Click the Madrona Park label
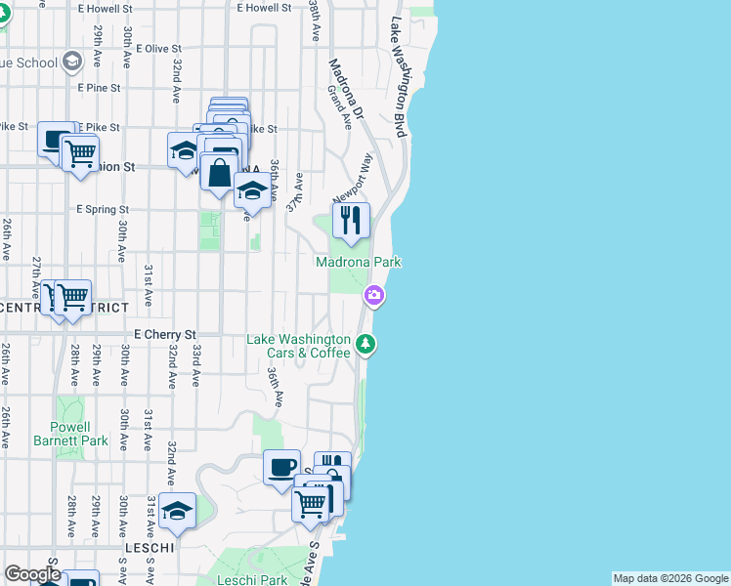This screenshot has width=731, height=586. [358, 262]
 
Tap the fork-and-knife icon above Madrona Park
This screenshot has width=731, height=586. [352, 221]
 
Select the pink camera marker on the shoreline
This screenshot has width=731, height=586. [374, 295]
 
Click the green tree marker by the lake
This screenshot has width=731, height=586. [365, 343]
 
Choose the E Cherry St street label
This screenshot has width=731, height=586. [164, 334]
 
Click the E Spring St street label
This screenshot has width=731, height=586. [103, 209]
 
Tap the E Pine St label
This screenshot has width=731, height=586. [99, 88]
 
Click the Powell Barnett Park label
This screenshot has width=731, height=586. [82, 434]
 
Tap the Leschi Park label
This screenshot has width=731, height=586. [252, 580]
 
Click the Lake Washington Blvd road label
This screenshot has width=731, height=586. [399, 78]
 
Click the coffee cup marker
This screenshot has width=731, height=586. [282, 467]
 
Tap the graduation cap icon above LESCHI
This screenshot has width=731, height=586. [177, 511]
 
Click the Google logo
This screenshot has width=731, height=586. [32, 574]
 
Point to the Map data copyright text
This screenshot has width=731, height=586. [669, 578]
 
